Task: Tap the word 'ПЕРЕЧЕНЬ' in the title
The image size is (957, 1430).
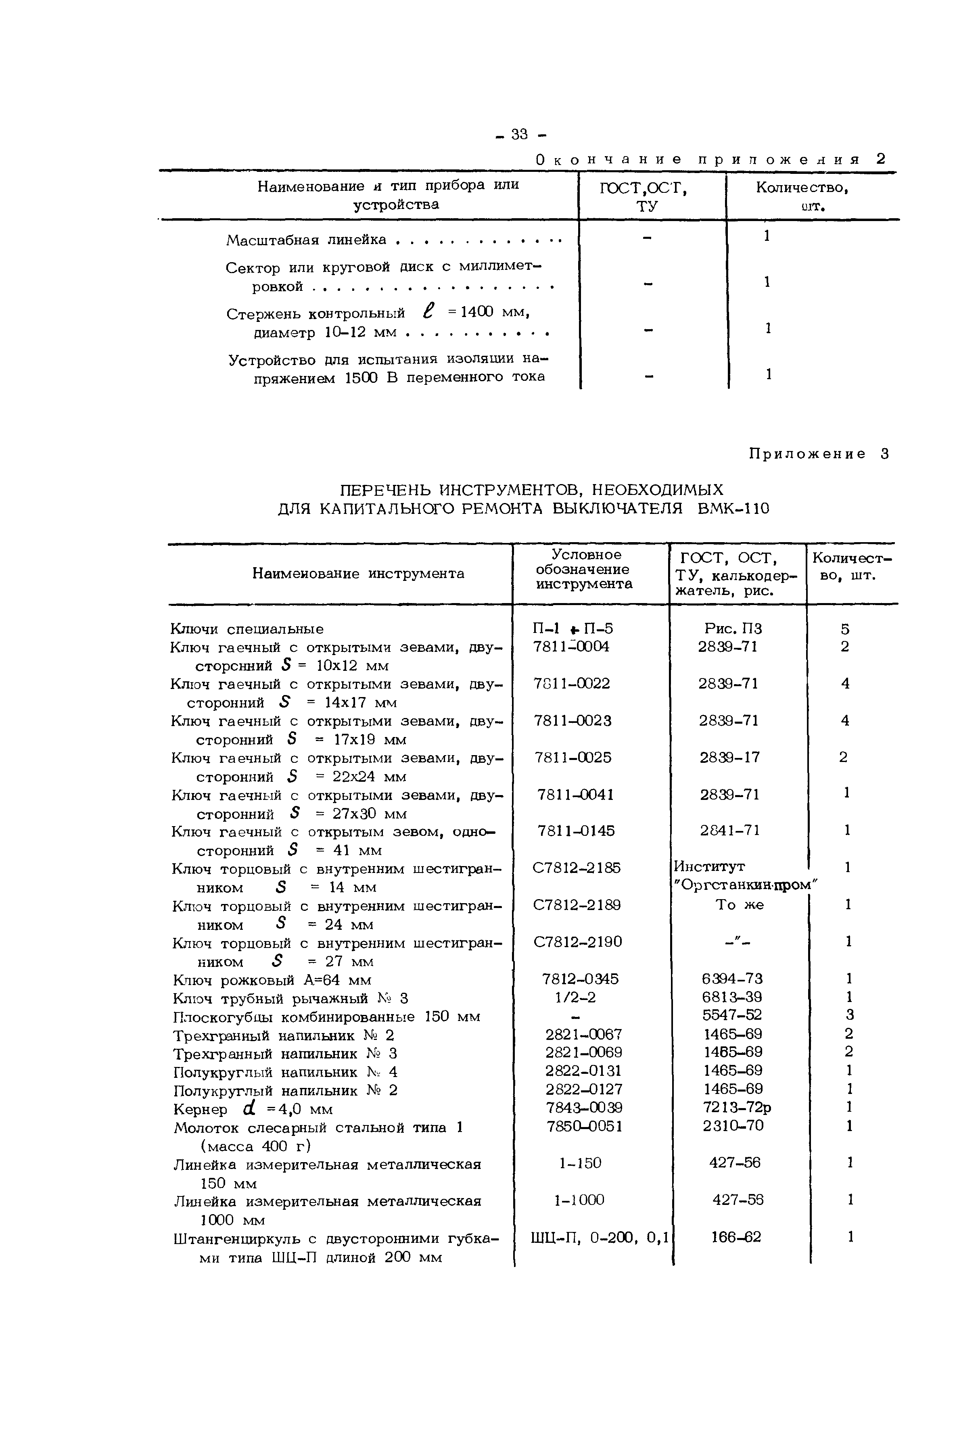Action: click(384, 490)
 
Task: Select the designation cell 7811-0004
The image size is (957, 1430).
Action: click(571, 647)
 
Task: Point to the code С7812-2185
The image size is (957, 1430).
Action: click(577, 868)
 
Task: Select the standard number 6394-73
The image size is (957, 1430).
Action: click(732, 979)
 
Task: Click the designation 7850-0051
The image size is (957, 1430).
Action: click(584, 1125)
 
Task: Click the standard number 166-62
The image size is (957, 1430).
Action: click(736, 1237)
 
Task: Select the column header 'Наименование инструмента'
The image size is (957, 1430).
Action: click(358, 574)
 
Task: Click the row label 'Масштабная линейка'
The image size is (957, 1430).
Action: click(306, 240)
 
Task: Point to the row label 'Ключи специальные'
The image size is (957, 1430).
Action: click(247, 629)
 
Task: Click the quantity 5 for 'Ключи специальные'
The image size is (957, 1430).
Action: click(845, 629)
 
